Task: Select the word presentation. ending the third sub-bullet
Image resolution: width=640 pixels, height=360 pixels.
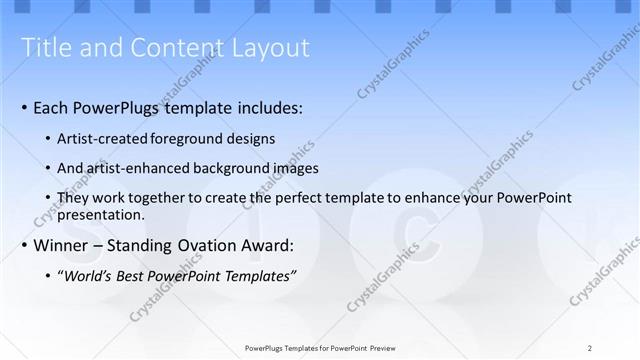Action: point(103,214)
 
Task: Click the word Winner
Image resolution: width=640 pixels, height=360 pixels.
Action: point(63,245)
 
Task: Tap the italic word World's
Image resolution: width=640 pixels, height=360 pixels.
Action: point(89,275)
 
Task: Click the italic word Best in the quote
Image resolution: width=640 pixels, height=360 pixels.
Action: point(133,275)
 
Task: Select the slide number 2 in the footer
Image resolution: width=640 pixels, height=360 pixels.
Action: point(590,348)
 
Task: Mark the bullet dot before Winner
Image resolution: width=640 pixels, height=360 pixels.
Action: point(24,246)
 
